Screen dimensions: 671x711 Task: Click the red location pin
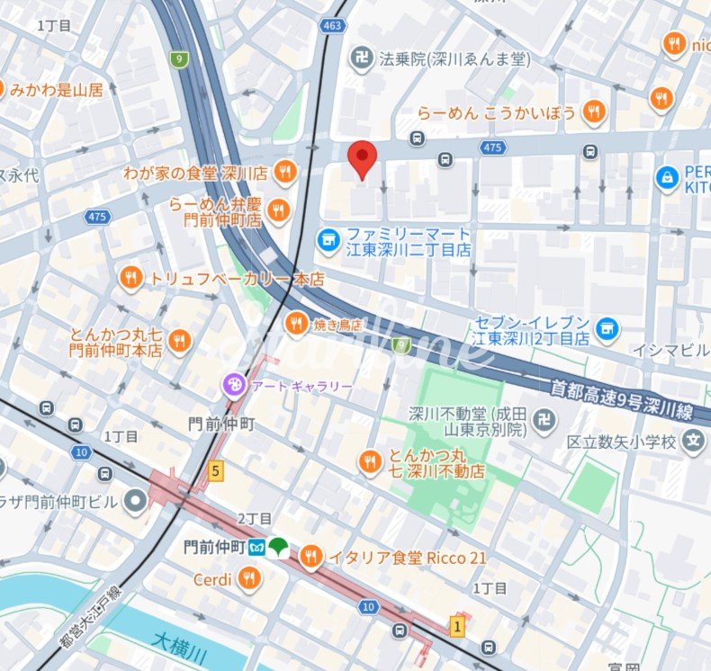coord(362,159)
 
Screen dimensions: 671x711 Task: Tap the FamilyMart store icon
coord(328,239)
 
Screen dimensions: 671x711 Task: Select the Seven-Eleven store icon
coord(607,329)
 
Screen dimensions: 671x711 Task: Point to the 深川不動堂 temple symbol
coord(544,419)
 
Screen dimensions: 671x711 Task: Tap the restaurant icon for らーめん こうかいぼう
coord(592,112)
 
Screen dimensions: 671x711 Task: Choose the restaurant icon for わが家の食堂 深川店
coord(284,171)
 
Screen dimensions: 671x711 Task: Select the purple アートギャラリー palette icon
coord(233,386)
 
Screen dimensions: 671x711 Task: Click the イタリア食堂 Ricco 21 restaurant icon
coord(310,558)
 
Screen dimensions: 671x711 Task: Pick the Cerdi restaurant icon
coord(250,579)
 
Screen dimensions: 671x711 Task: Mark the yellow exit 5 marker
coord(215,470)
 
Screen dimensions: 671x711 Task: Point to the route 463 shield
coord(333,25)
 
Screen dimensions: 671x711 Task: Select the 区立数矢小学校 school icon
coord(692,442)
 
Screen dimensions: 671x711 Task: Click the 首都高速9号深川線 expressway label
coord(621,398)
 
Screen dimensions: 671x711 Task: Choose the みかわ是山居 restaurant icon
coord(0,89)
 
